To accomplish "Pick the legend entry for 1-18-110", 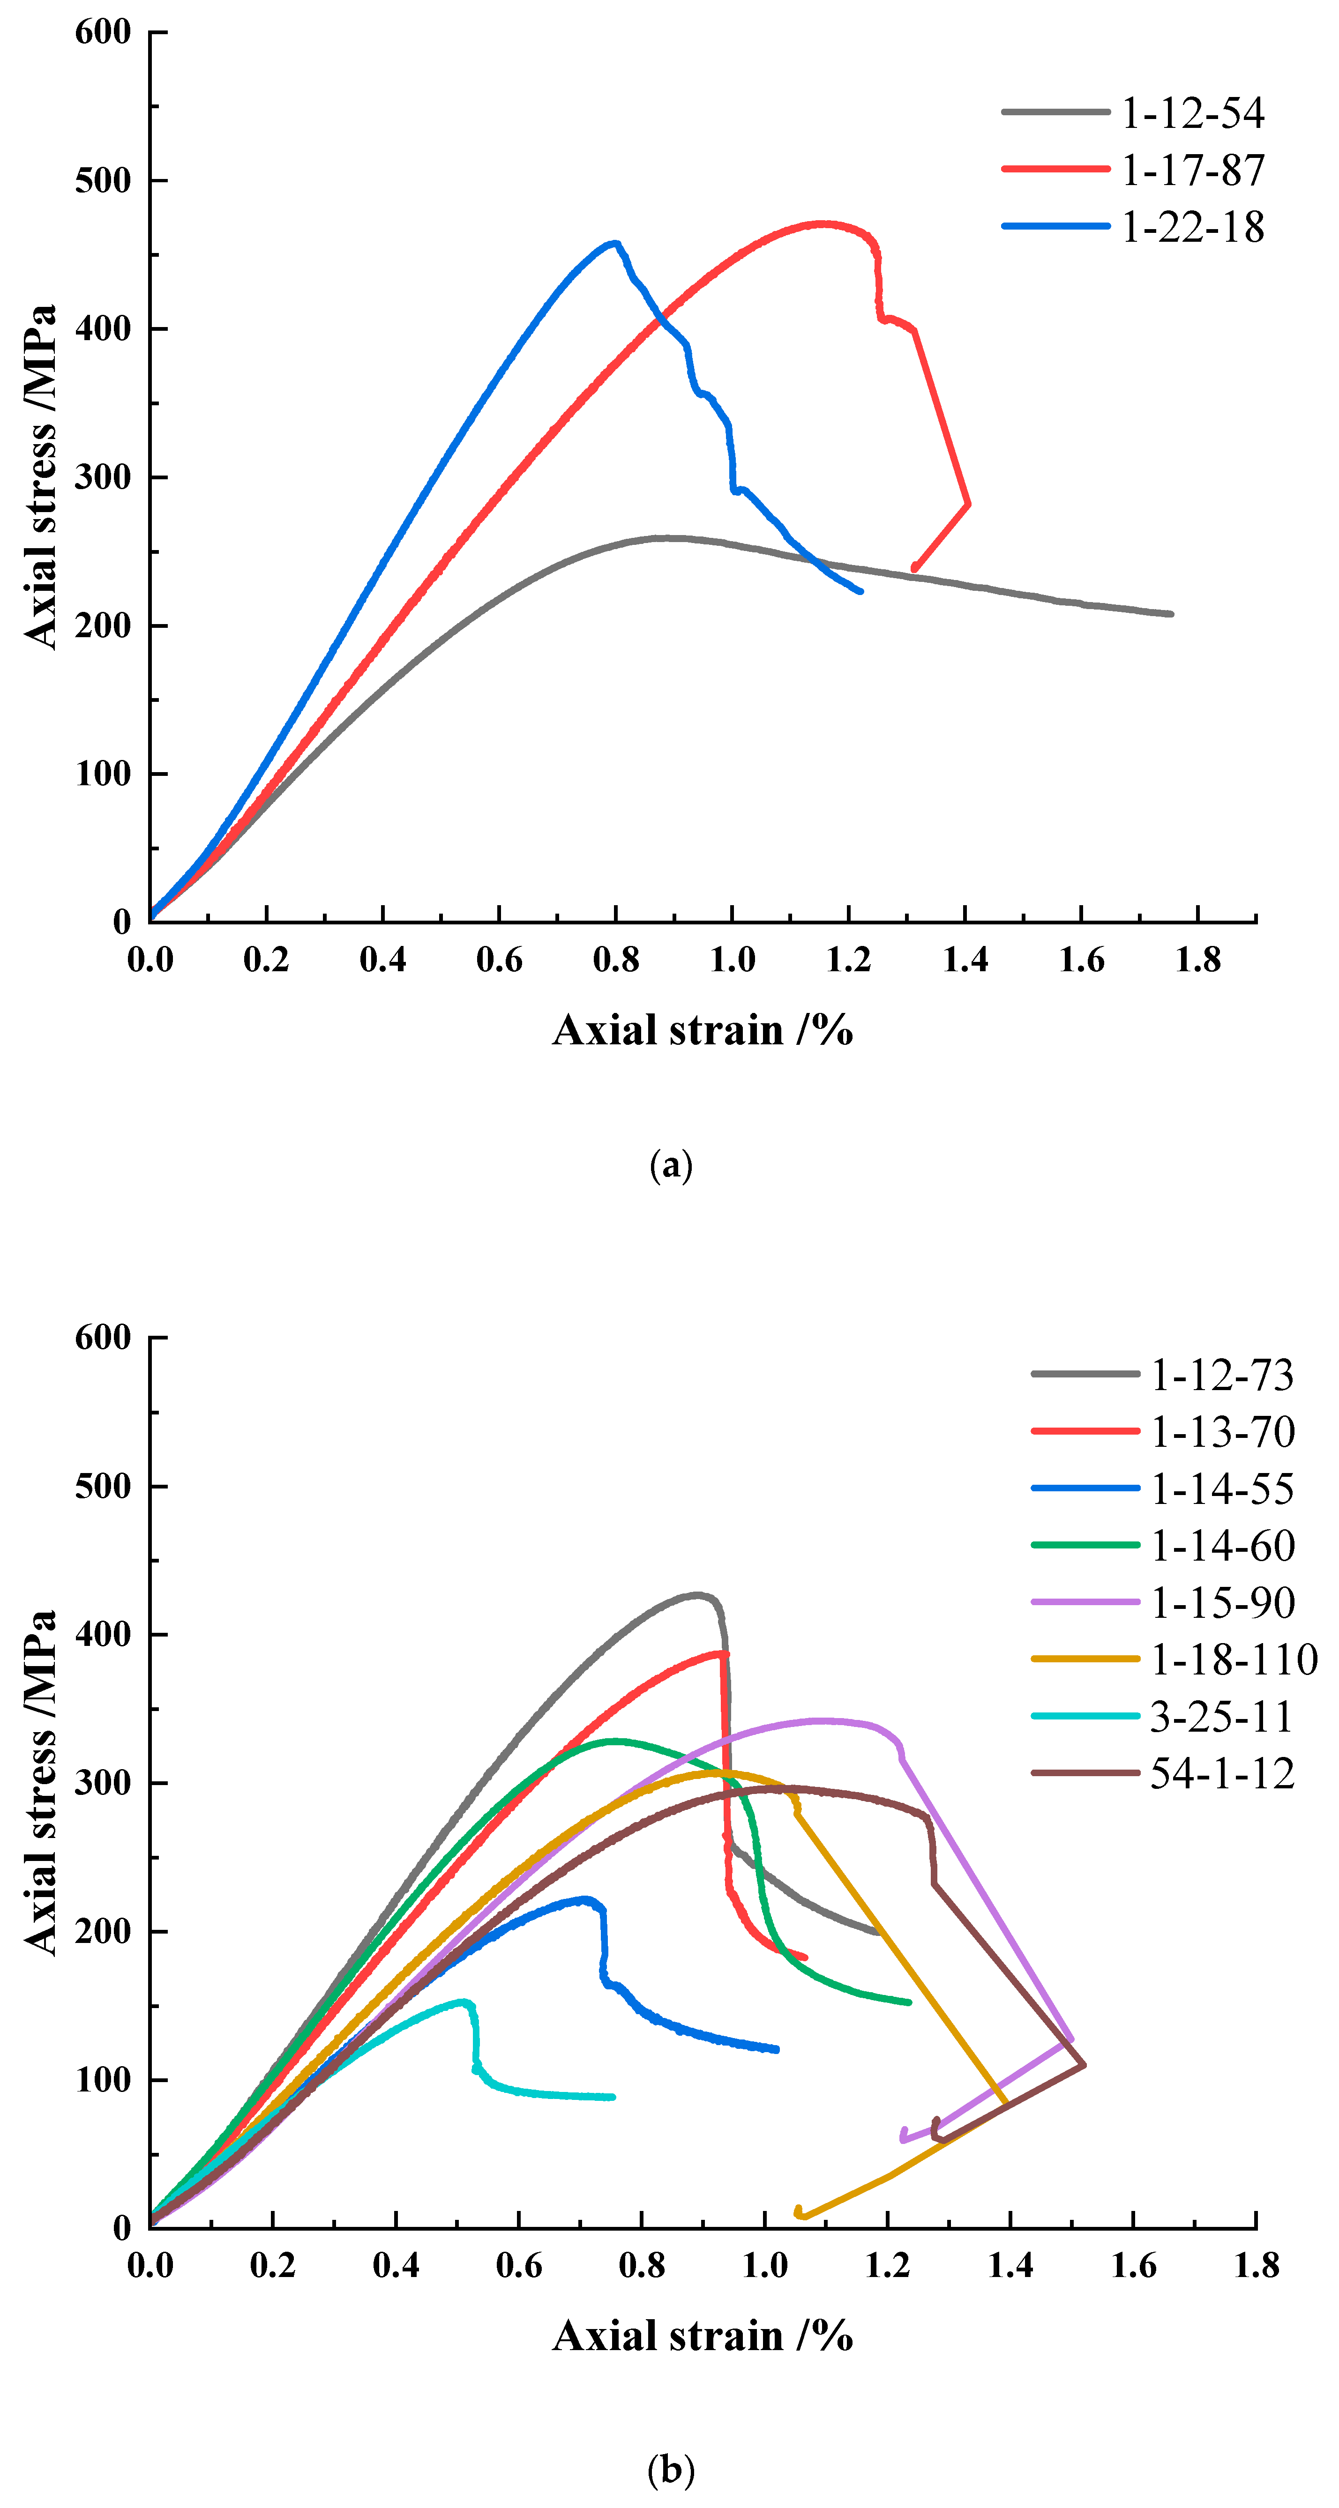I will click(1234, 1659).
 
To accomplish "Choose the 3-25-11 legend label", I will click(1221, 1717).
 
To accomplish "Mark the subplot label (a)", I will click(670, 1164).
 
